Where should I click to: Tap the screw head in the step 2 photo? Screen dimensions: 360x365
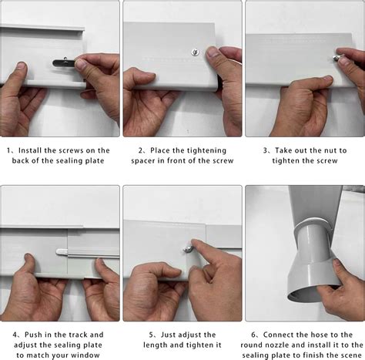[193, 53]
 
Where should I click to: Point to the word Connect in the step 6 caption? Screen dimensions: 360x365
[281, 335]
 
